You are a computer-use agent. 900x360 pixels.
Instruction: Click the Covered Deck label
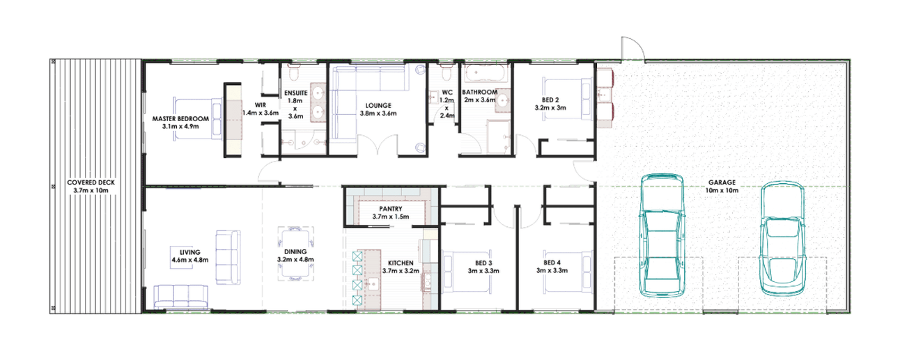click(x=91, y=182)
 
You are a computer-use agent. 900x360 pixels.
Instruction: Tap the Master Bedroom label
click(x=180, y=119)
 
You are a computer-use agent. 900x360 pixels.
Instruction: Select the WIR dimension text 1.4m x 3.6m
click(x=261, y=113)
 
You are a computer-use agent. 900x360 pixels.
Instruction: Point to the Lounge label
click(x=378, y=106)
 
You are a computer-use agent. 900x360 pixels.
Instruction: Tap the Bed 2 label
click(x=550, y=100)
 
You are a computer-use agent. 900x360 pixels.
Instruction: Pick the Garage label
click(x=722, y=182)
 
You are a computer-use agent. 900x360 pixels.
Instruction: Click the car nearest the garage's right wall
click(x=783, y=239)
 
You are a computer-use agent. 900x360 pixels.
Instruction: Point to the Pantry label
click(x=391, y=209)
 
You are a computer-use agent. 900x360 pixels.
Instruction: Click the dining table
click(x=296, y=254)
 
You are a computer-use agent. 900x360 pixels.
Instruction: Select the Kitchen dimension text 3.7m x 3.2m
click(x=401, y=271)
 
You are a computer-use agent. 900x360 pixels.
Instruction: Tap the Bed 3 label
click(x=483, y=263)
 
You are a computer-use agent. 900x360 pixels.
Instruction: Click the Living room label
click(x=189, y=252)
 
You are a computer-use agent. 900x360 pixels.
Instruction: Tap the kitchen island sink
click(x=373, y=284)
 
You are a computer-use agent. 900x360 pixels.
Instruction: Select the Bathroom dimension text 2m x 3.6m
click(x=480, y=100)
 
